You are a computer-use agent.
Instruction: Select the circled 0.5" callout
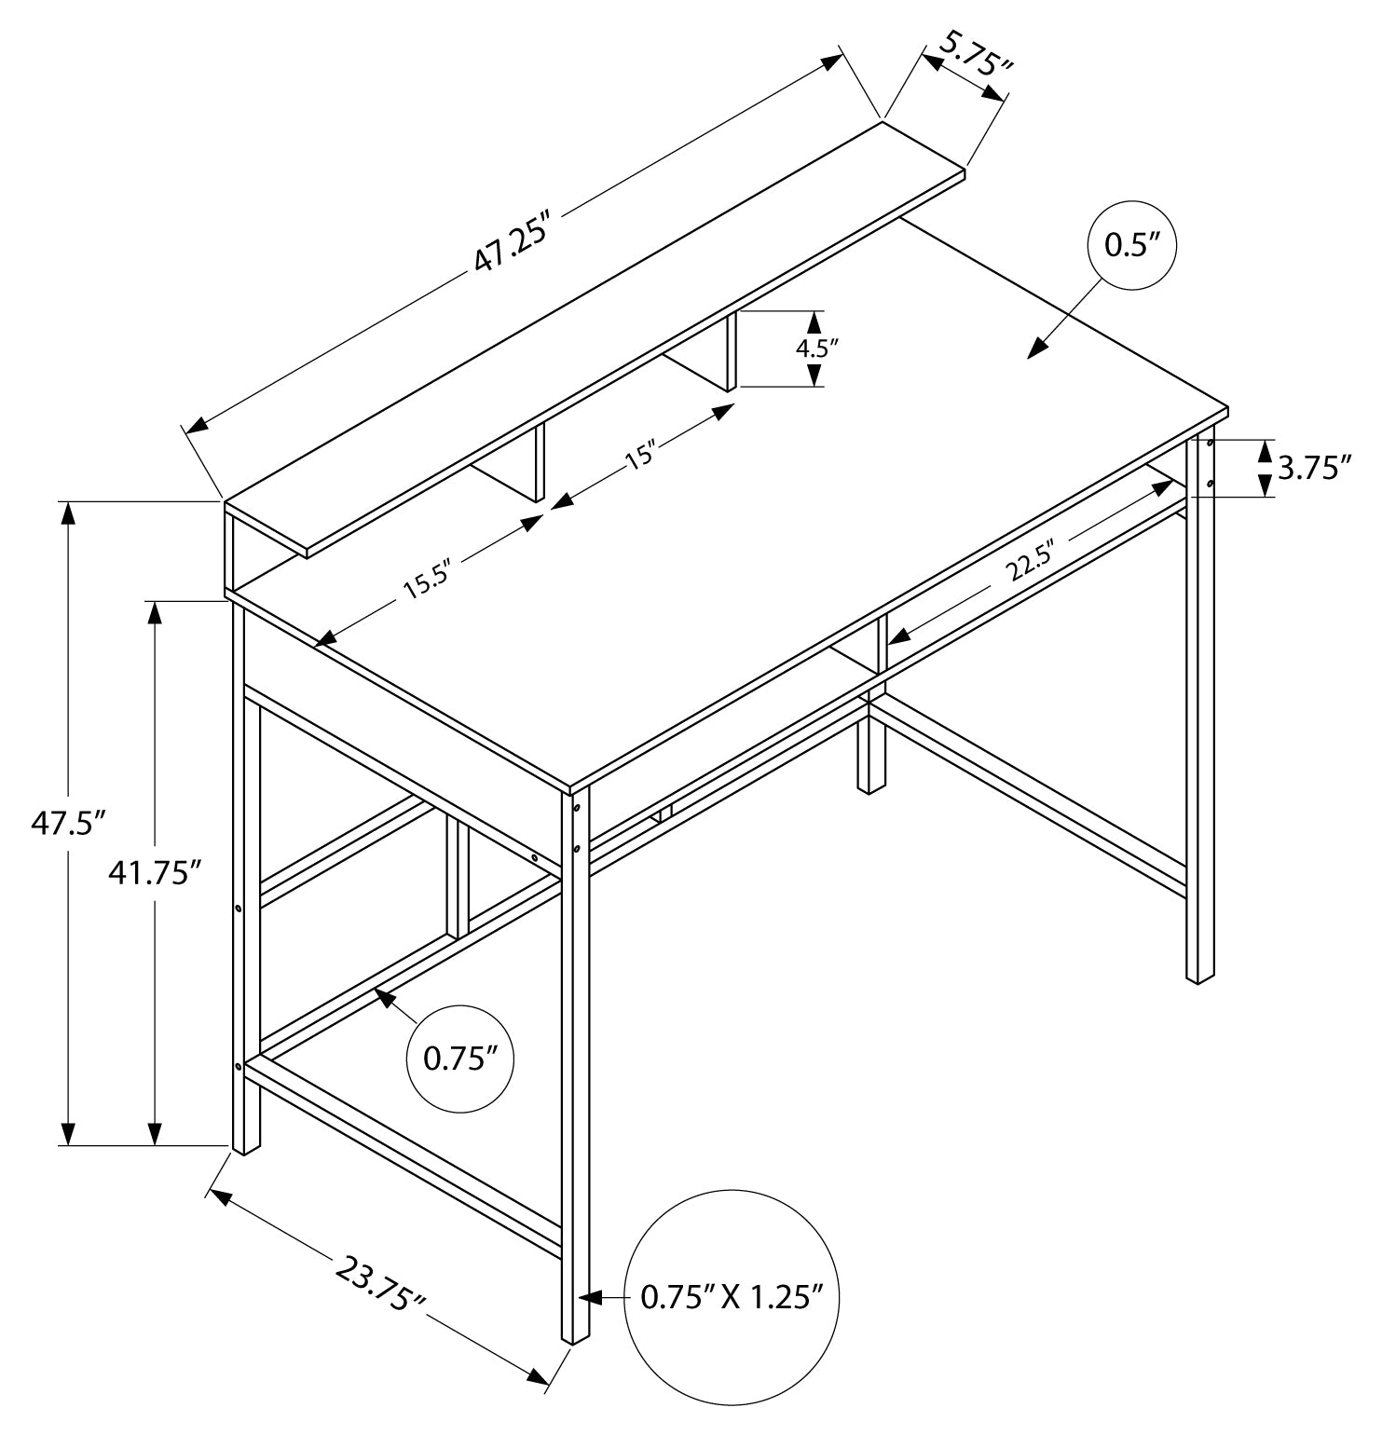point(1131,246)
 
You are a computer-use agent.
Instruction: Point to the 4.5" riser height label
point(816,349)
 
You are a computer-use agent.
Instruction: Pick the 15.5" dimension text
point(427,581)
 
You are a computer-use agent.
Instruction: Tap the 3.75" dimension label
point(1314,468)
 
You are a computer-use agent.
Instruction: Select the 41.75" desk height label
point(155,872)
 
